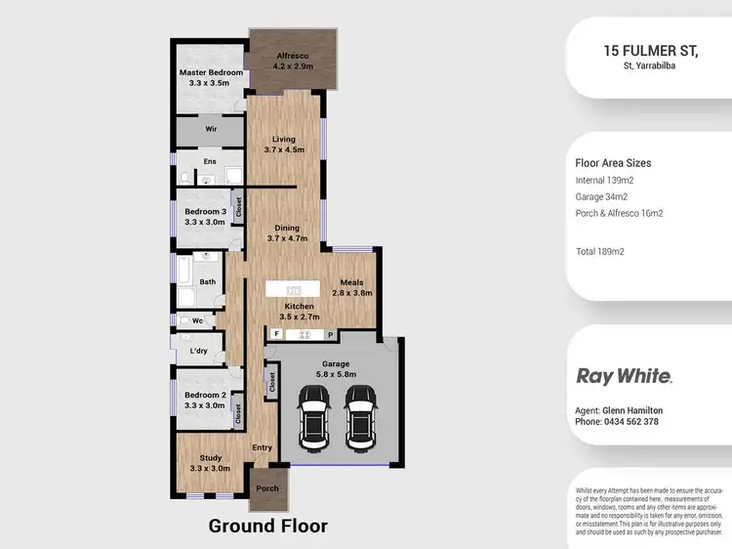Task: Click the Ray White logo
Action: (x=624, y=375)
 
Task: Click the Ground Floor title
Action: (x=267, y=526)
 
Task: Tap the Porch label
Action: (x=266, y=488)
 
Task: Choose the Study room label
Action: (x=211, y=463)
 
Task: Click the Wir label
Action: (x=210, y=128)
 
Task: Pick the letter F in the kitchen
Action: (x=276, y=334)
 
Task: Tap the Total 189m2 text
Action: (x=600, y=251)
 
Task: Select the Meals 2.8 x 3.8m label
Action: (x=352, y=287)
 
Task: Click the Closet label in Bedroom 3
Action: (x=237, y=208)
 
